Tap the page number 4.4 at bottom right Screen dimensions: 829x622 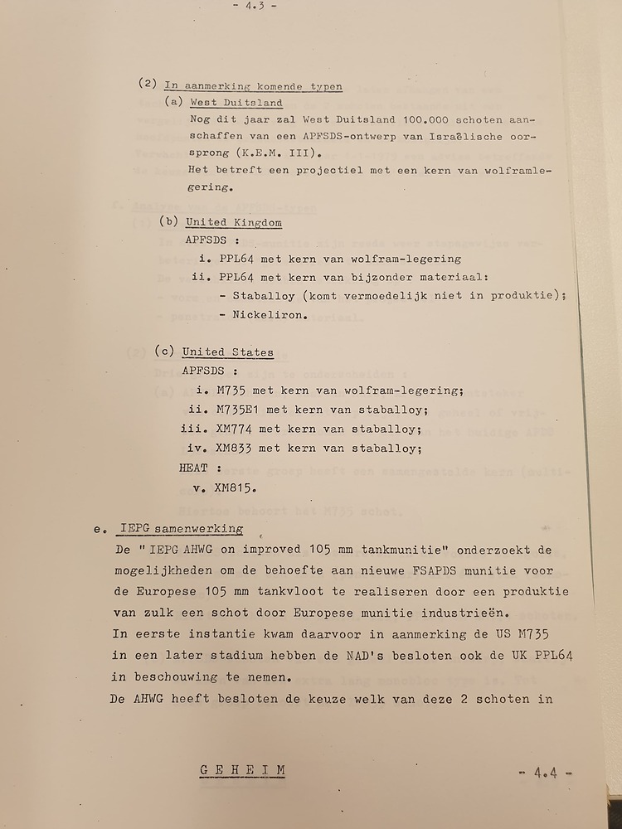point(546,773)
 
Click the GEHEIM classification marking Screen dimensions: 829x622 point(243,770)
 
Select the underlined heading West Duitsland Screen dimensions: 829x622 point(236,104)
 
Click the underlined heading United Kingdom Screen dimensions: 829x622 point(233,223)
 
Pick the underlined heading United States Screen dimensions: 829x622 point(228,352)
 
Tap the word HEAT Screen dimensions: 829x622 point(194,468)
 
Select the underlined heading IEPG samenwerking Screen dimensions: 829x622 point(181,528)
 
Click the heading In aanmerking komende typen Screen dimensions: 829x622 point(254,85)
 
